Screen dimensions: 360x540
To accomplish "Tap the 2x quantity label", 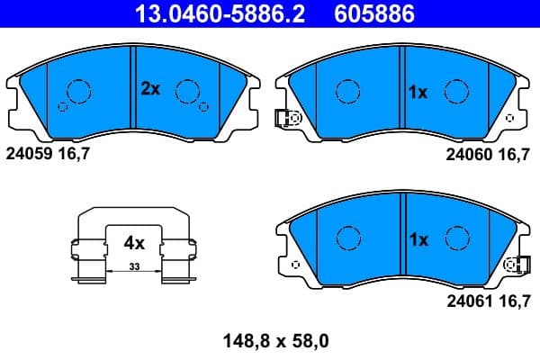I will (149, 88).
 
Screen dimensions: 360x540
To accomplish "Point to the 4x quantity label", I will (134, 242).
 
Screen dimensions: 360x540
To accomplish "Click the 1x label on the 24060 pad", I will (418, 92).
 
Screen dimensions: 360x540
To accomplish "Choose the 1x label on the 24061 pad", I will (418, 240).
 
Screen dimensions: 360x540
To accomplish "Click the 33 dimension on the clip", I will (134, 266).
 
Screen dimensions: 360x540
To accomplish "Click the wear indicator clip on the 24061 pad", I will (517, 265).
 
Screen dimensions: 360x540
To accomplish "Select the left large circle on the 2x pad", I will (79, 91).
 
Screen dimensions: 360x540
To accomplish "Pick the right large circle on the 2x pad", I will (187, 91).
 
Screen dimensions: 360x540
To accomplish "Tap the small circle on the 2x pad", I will (62, 106).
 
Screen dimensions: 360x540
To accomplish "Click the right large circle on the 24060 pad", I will (458, 91).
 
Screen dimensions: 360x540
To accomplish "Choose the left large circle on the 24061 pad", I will (348, 238).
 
